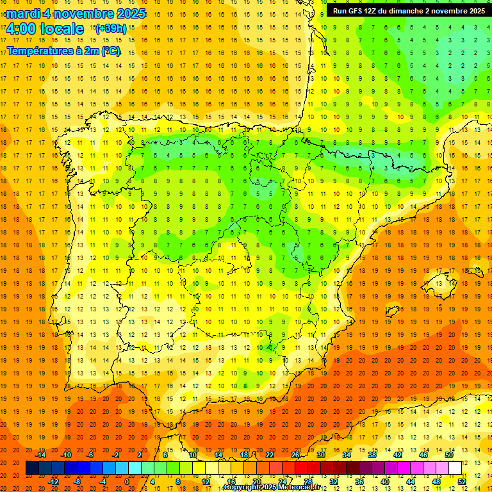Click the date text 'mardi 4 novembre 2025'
tap(76, 13)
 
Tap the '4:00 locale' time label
tap(44, 29)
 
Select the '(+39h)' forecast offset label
tap(110, 29)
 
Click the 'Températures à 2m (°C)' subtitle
tap(63, 51)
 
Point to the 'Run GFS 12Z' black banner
tap(407, 11)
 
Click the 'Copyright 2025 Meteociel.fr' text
tap(281, 488)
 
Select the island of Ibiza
tap(392, 311)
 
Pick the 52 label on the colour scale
tap(462, 481)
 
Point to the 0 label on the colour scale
tap(127, 481)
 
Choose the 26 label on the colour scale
tap(295, 455)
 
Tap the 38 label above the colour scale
tap(372, 455)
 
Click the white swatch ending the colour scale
tap(455, 468)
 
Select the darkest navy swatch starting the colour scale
tap(32, 468)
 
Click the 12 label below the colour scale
tap(205, 481)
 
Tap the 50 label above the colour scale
tap(448, 455)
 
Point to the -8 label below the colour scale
tap(78, 481)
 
